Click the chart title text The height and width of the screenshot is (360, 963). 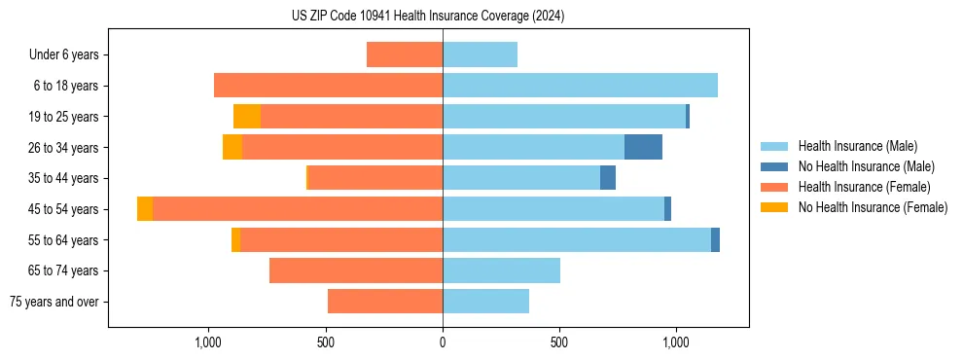(428, 17)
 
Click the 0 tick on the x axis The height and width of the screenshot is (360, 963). (443, 342)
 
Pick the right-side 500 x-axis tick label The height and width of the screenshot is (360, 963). (559, 342)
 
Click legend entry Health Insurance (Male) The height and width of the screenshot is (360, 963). (857, 146)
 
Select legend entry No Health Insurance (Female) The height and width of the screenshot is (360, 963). (873, 207)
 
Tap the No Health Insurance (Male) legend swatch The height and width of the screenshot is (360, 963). (778, 166)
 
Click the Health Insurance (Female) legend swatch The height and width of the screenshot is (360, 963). (778, 187)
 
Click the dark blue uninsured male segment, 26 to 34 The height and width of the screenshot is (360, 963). (643, 147)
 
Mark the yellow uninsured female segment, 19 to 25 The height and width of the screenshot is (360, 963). (247, 117)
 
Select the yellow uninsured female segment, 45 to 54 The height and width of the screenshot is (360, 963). (145, 209)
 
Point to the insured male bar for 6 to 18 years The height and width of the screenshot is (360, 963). (580, 86)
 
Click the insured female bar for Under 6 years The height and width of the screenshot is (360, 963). (405, 55)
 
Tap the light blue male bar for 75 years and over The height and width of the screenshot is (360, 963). (485, 302)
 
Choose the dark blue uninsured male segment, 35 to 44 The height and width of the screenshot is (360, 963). (608, 178)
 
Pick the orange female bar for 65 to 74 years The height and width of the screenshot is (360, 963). (356, 270)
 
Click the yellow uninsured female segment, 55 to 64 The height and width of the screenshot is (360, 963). (235, 240)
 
